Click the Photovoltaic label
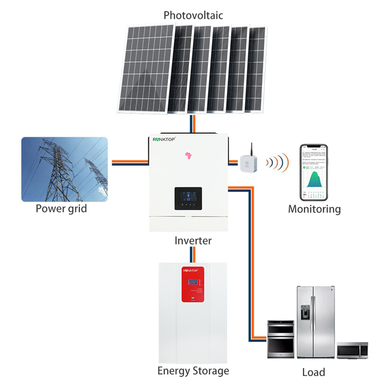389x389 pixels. [193, 15]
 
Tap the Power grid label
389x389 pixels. [61, 209]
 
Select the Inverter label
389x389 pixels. [193, 240]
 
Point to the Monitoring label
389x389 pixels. [314, 209]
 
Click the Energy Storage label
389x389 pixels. [193, 371]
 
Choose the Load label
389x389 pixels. [314, 373]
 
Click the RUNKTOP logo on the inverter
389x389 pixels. [167, 139]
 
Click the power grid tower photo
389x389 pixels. [64, 169]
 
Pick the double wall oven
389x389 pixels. [281, 339]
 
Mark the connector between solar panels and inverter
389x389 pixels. [193, 124]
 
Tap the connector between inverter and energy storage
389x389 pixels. [193, 254]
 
